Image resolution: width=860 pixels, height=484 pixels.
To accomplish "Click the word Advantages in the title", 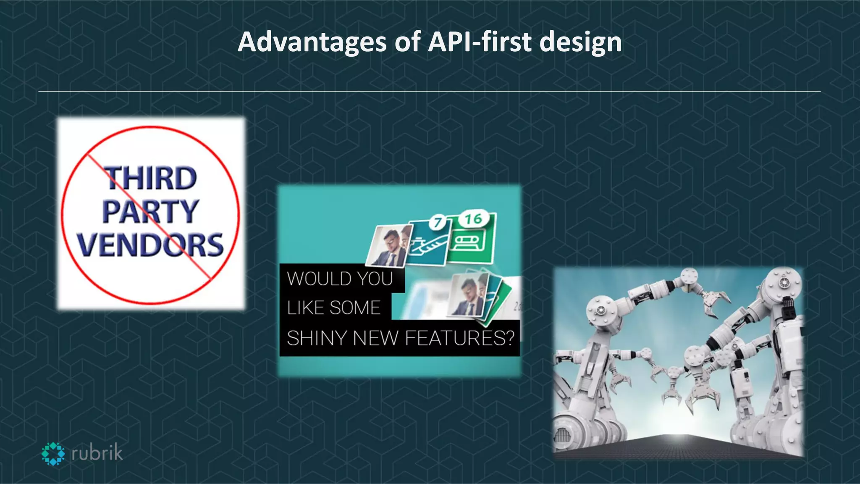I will click(x=312, y=42).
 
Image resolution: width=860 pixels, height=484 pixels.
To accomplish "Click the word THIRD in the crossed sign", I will click(x=150, y=178).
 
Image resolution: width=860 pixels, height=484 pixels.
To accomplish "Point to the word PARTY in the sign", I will click(x=150, y=211).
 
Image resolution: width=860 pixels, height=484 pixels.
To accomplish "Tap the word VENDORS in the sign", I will click(x=150, y=245).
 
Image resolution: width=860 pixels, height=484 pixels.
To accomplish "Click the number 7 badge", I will click(x=438, y=222).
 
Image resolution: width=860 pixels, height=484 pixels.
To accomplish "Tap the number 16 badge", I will click(x=473, y=218).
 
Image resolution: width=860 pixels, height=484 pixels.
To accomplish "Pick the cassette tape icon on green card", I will click(x=468, y=242).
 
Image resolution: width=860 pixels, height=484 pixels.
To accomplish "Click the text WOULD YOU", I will click(x=340, y=279).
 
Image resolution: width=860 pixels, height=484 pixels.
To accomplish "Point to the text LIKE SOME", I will click(x=334, y=308).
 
